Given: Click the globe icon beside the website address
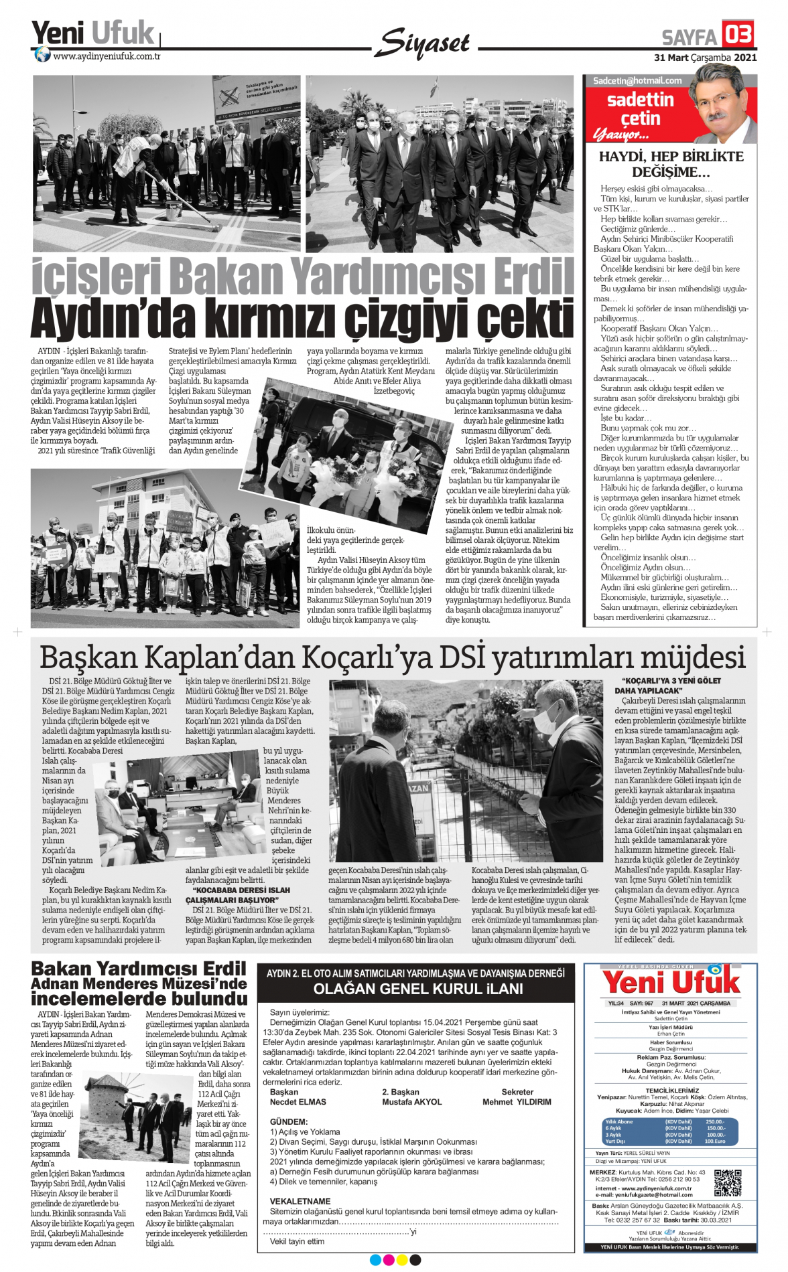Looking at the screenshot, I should click(42, 55).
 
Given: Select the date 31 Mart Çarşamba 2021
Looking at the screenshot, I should click(705, 58).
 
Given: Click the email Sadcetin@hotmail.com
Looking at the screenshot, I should click(637, 80).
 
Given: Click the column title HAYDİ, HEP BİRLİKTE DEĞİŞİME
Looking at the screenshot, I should click(671, 164).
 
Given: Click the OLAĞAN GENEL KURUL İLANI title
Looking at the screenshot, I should click(417, 989).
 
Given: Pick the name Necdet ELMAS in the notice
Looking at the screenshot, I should click(298, 1101).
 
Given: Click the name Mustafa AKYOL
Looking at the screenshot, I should click(411, 1101).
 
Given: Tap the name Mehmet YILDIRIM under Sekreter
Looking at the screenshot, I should click(517, 1101).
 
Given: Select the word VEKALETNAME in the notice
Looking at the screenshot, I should click(300, 1201).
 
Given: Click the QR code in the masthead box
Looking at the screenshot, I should click(728, 1183).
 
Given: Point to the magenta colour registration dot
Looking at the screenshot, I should click(389, 1260).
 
